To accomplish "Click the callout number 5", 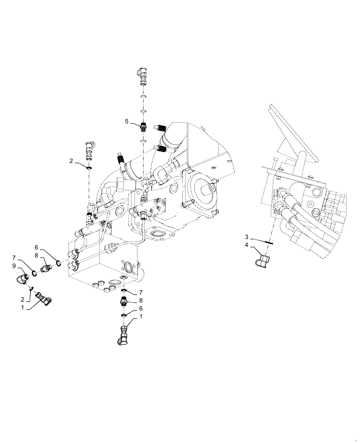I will [126, 121].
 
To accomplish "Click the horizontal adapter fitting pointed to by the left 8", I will [47, 268].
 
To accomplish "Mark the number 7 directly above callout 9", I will [15, 257].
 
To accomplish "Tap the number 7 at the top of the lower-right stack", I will [141, 292].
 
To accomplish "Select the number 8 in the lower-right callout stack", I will [141, 300].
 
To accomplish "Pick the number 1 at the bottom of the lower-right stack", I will [141, 317].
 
